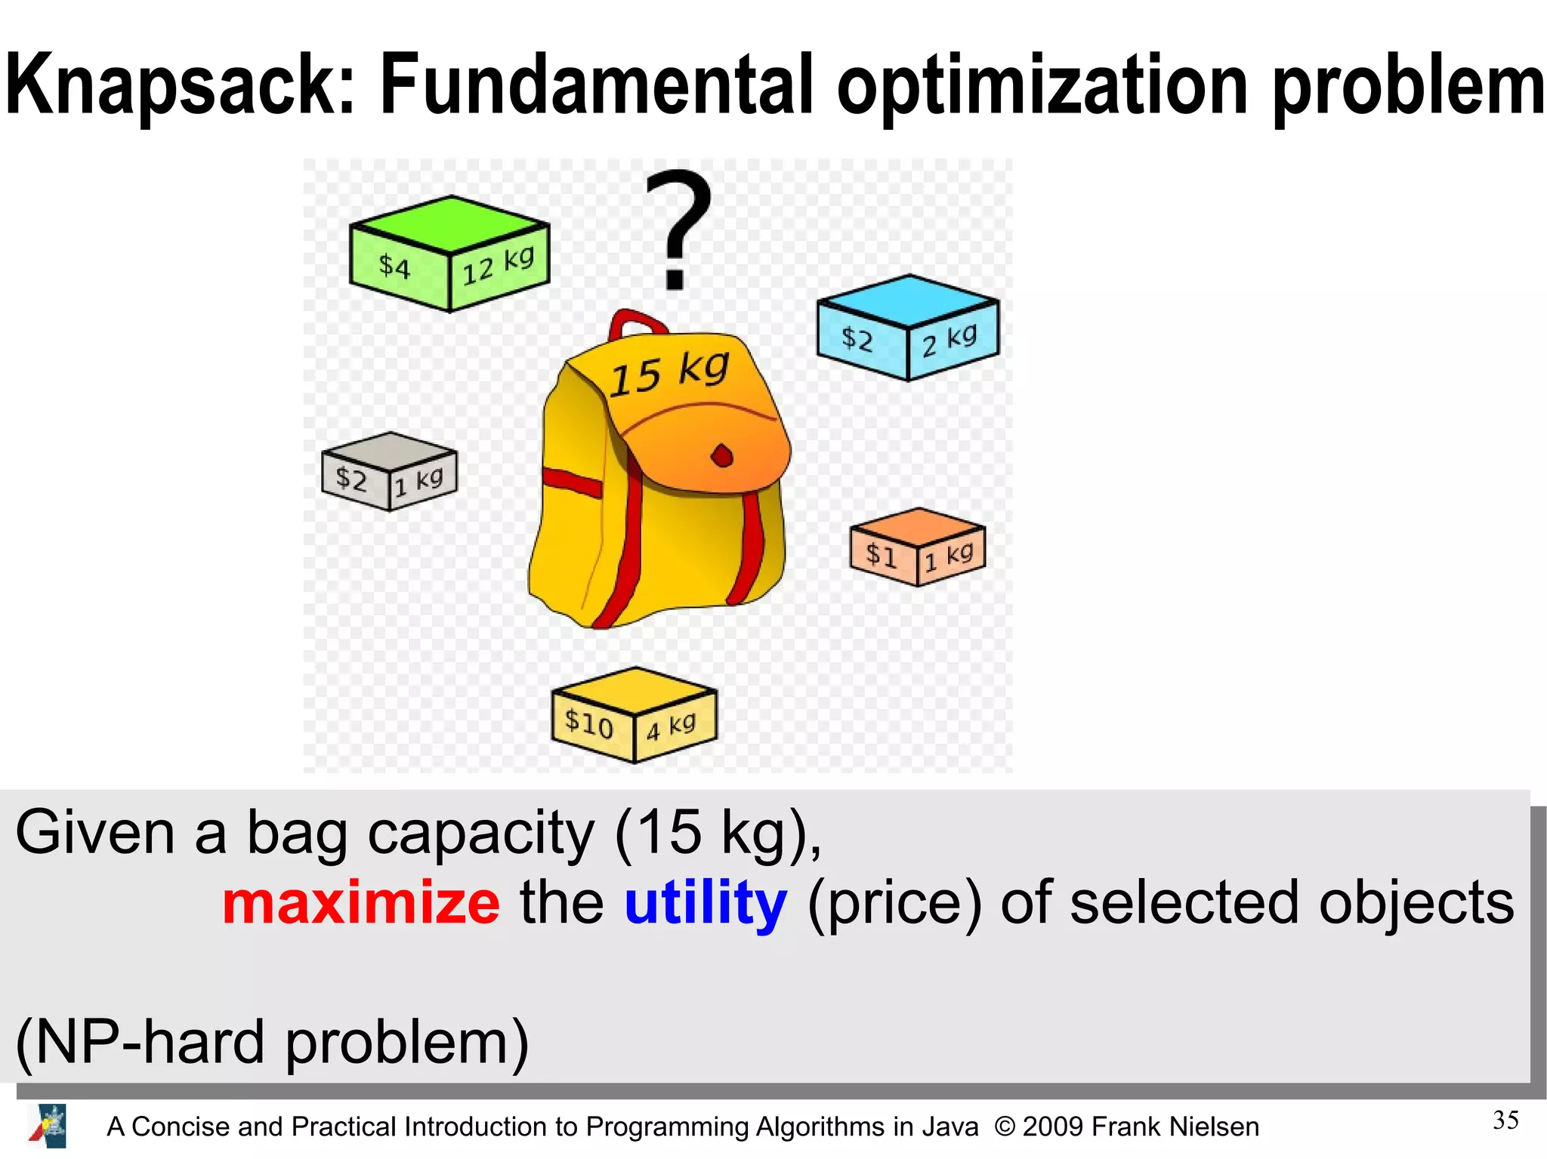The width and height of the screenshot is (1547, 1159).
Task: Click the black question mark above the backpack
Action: coord(678,227)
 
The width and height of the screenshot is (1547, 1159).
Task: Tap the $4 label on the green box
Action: coord(394,267)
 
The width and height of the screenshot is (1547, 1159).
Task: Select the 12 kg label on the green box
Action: coord(499,266)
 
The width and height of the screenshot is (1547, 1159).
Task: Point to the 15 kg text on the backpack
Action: coord(669,374)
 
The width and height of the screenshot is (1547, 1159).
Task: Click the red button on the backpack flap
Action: coord(722,456)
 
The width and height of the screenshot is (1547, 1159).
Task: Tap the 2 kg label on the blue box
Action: coord(950,340)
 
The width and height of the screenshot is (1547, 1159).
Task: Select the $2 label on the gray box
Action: coord(351,479)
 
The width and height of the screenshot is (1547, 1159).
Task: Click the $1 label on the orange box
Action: coord(881,555)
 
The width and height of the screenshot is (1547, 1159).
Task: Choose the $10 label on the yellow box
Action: coord(589,723)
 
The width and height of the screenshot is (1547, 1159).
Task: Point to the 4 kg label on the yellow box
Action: coord(671,726)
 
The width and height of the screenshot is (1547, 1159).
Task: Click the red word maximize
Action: coord(361,903)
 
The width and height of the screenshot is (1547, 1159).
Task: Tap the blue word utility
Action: coord(706,903)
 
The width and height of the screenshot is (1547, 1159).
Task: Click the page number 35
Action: coord(1505,1120)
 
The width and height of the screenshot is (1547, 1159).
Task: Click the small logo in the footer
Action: coord(48,1126)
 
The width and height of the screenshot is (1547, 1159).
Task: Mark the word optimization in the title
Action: coord(1042,85)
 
